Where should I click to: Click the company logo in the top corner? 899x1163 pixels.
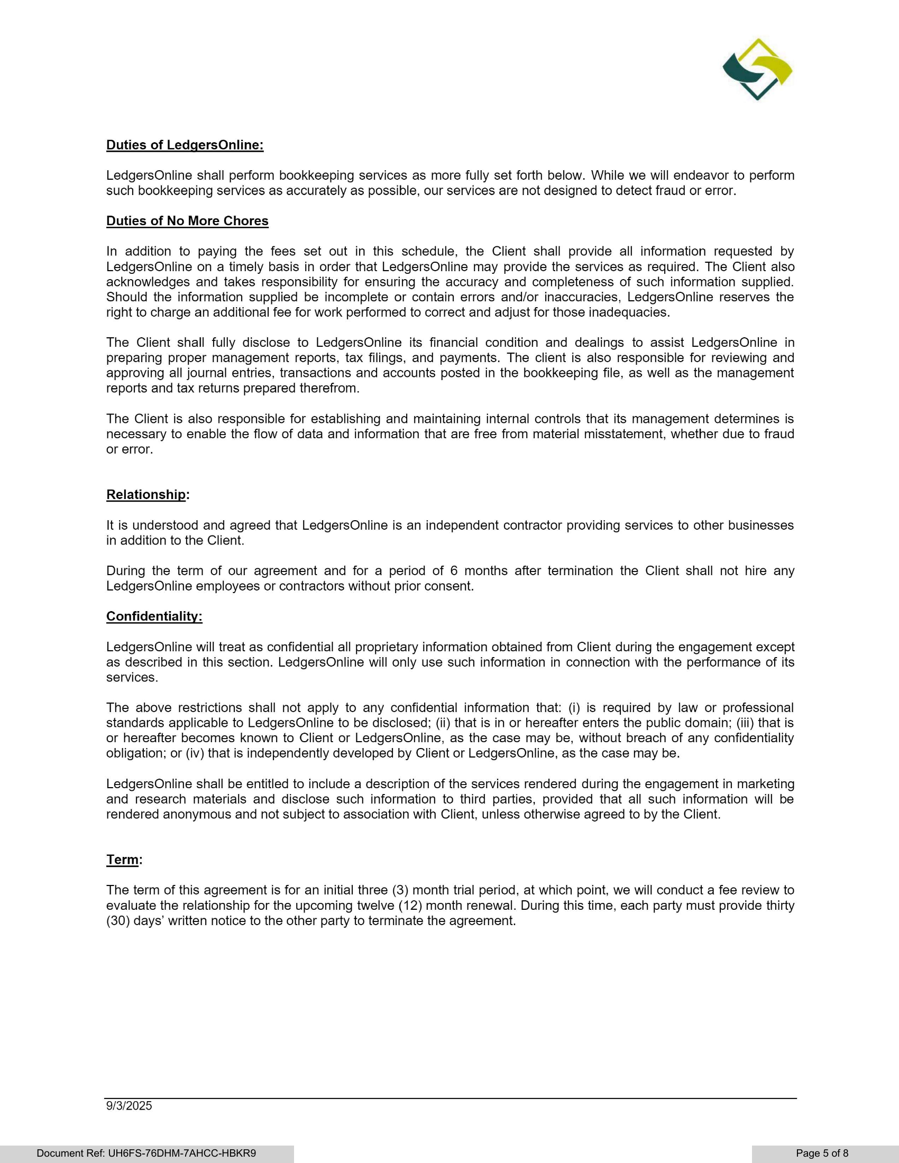pos(757,69)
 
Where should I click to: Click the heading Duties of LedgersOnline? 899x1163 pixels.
pos(185,145)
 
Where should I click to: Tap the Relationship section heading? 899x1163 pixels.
pos(146,494)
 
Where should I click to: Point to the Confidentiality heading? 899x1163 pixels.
pos(154,616)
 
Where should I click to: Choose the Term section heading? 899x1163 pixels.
pos(123,860)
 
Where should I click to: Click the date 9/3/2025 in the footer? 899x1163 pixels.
pos(129,1105)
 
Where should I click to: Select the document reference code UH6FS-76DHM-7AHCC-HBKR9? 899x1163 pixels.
pos(182,1153)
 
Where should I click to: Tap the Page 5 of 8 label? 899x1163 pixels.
pos(822,1153)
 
